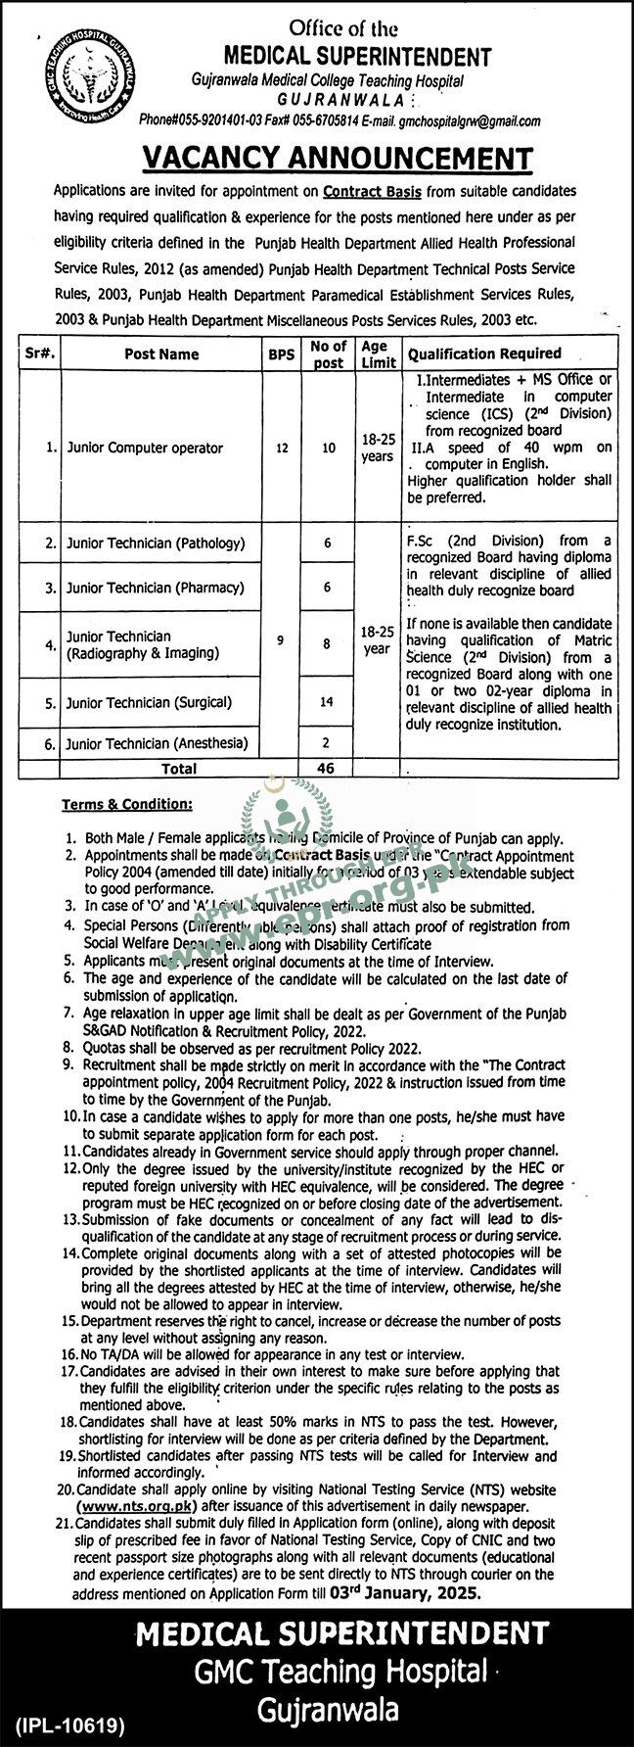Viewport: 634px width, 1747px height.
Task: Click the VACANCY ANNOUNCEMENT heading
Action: [339, 158]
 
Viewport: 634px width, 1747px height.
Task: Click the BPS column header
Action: [282, 354]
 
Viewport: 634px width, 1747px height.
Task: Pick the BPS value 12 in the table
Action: [282, 448]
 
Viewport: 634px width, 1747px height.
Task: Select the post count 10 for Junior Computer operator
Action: [329, 448]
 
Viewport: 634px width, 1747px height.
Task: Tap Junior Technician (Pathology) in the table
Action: [155, 542]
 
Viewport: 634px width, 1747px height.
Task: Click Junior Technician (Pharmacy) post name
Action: [155, 588]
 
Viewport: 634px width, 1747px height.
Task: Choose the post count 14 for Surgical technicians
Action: [329, 701]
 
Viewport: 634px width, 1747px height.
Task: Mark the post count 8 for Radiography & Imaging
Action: [329, 643]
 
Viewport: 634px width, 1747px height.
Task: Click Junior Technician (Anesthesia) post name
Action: [158, 744]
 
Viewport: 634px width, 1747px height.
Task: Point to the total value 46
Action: [329, 769]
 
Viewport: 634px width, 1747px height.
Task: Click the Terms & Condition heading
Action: [127, 804]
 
